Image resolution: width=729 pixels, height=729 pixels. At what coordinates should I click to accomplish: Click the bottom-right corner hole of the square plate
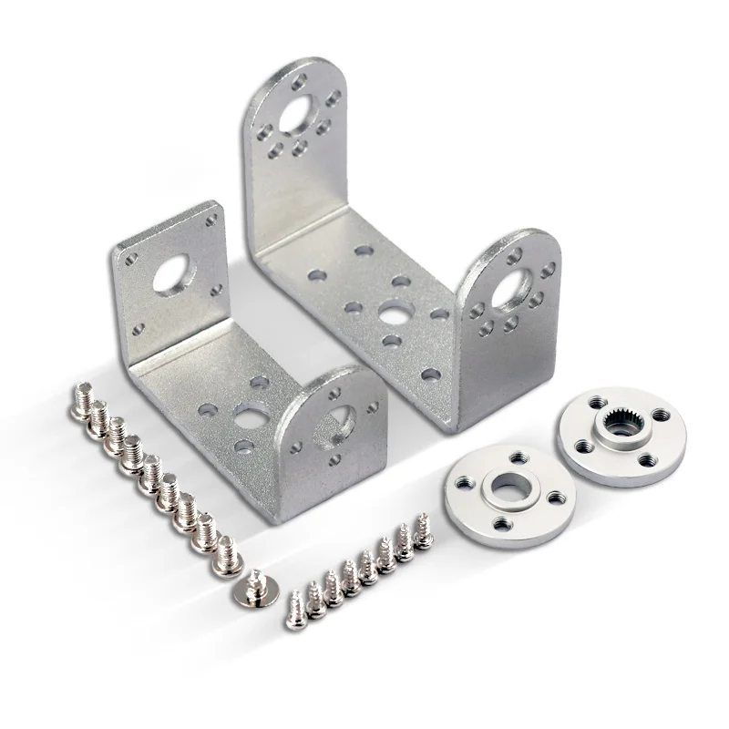coord(217,290)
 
